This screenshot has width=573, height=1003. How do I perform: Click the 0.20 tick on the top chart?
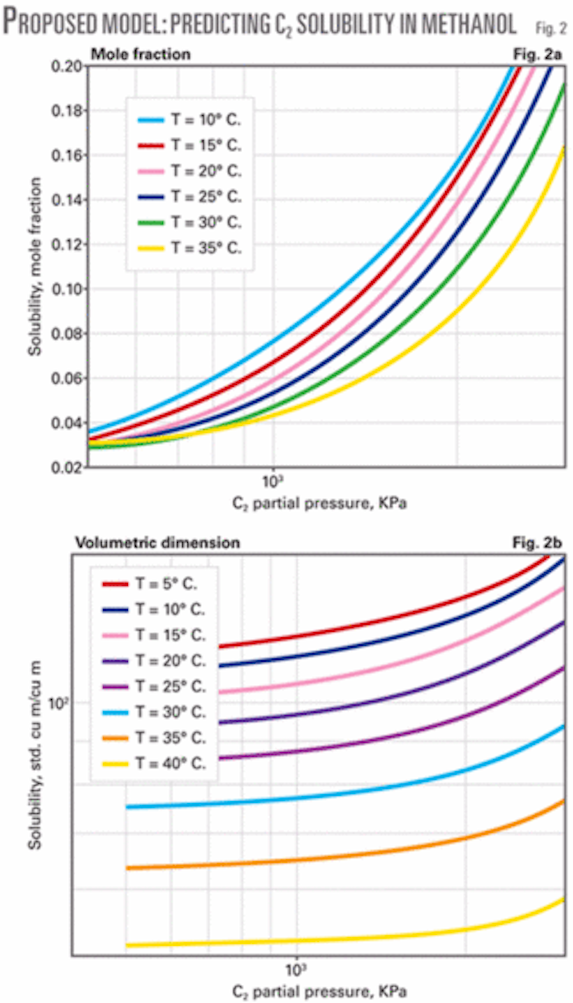[66, 66]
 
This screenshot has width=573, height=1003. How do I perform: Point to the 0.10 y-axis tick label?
[66, 289]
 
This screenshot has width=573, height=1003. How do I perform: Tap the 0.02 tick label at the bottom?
[66, 467]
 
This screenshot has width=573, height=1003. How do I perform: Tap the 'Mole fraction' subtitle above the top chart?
[140, 54]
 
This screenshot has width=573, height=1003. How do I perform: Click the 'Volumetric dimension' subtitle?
[158, 542]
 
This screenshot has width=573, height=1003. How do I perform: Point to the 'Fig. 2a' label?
[537, 54]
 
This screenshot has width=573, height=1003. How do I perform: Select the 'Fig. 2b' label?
[537, 542]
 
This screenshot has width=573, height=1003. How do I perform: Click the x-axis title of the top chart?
[319, 504]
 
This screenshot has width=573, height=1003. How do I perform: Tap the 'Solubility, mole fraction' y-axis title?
[35, 267]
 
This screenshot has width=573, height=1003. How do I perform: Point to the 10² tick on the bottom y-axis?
[58, 703]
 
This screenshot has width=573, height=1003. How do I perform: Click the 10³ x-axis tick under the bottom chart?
[296, 970]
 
